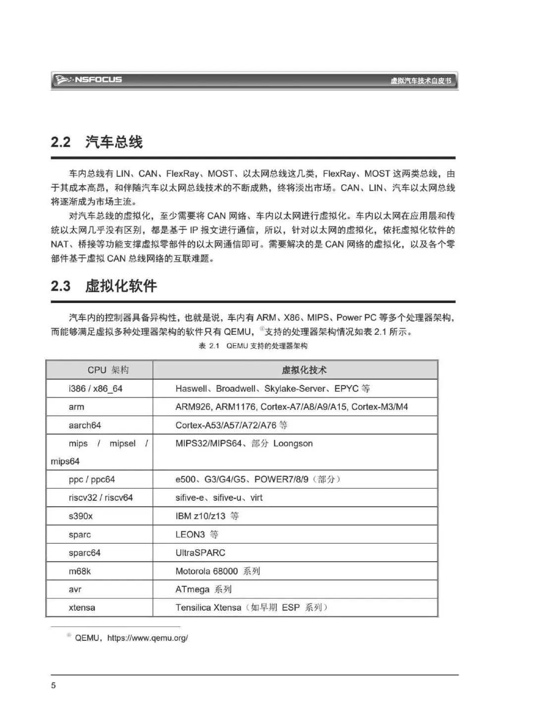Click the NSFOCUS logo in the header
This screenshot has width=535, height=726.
pyautogui.click(x=89, y=80)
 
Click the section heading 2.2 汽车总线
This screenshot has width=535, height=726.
pyautogui.click(x=97, y=142)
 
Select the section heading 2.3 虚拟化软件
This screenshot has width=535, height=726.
pyautogui.click(x=104, y=286)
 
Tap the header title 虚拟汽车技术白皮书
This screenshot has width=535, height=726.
pyautogui.click(x=421, y=81)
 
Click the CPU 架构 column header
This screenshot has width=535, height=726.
pyautogui.click(x=108, y=370)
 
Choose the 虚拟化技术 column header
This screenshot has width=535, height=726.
pyautogui.click(x=304, y=370)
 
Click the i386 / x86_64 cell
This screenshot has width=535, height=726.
pyautogui.click(x=96, y=389)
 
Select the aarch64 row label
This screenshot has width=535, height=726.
pyautogui.click(x=85, y=425)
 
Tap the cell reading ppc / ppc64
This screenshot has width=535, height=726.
pyautogui.click(x=92, y=479)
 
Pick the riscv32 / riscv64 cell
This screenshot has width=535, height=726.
pyautogui.click(x=101, y=498)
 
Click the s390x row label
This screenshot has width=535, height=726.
pyautogui.click(x=81, y=516)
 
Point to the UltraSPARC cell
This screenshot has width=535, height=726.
pyautogui.click(x=200, y=553)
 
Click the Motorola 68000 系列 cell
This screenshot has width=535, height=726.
pyautogui.click(x=217, y=571)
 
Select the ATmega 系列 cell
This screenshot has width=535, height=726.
pyautogui.click(x=203, y=589)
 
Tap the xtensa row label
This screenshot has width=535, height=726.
pyautogui.click(x=82, y=608)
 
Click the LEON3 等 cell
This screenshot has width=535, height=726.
pyautogui.click(x=197, y=534)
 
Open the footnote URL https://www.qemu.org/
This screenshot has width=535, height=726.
pyautogui.click(x=148, y=638)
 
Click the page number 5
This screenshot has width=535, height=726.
pyautogui.click(x=53, y=685)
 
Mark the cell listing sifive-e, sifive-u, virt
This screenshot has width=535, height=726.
pyautogui.click(x=219, y=498)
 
